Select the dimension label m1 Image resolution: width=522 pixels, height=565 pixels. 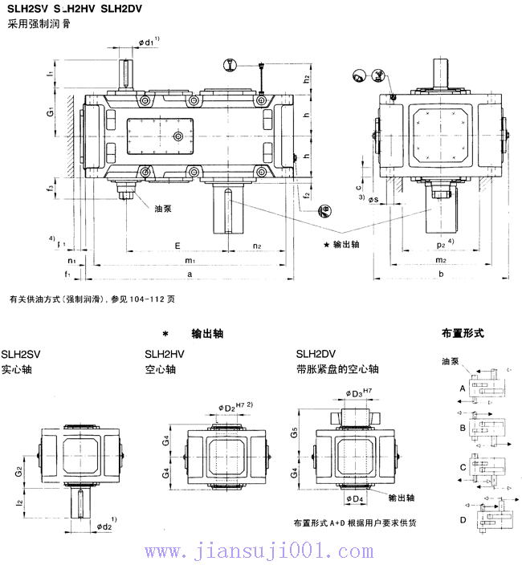190,261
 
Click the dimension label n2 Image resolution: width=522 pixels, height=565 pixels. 256,246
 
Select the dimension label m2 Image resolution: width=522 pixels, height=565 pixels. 441,261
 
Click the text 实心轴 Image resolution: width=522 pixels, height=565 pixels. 17,370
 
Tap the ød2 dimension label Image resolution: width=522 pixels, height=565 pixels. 104,526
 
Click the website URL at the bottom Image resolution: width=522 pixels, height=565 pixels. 259,551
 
